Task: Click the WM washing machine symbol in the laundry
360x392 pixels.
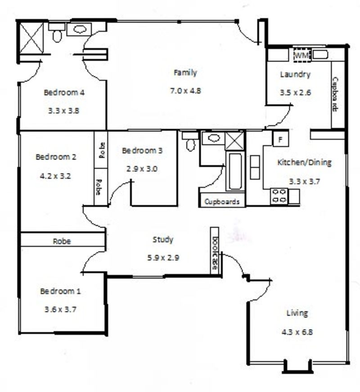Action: point(302,55)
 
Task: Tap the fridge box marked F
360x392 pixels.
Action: point(280,139)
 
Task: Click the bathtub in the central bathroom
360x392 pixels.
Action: point(234,171)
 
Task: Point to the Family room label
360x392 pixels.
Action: point(185,73)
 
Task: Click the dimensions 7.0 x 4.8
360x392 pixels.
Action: point(185,90)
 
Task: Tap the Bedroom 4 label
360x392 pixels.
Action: point(64,93)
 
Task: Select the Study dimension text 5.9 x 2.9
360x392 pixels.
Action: point(163,258)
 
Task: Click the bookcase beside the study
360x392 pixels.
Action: point(214,250)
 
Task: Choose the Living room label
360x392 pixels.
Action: point(297,313)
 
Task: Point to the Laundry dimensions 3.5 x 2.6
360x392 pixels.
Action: point(296,93)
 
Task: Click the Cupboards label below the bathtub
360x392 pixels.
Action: point(222,201)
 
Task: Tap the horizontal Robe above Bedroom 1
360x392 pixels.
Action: point(62,241)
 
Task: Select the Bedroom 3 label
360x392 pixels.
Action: point(142,151)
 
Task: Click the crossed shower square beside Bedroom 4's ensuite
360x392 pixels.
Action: point(31,38)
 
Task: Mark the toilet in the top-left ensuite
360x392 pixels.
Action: point(57,33)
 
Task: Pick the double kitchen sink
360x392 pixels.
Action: point(255,167)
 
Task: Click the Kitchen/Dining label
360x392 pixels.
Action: point(305,162)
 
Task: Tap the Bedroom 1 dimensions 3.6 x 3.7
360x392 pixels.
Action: point(60,309)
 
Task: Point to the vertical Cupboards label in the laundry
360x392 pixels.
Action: point(335,94)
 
